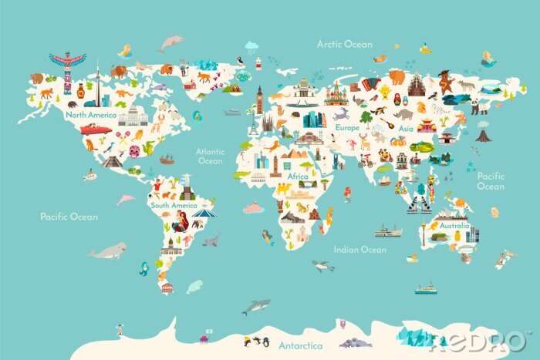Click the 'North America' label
point(91,115)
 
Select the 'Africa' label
point(298,176)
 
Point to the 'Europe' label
point(346,127)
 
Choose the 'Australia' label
point(453,226)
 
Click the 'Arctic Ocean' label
point(344,44)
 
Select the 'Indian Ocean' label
point(359,250)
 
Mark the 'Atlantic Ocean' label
point(210,156)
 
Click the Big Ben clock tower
point(261,99)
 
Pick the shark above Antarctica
point(255,307)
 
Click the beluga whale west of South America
point(107,251)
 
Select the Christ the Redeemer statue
point(185,178)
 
